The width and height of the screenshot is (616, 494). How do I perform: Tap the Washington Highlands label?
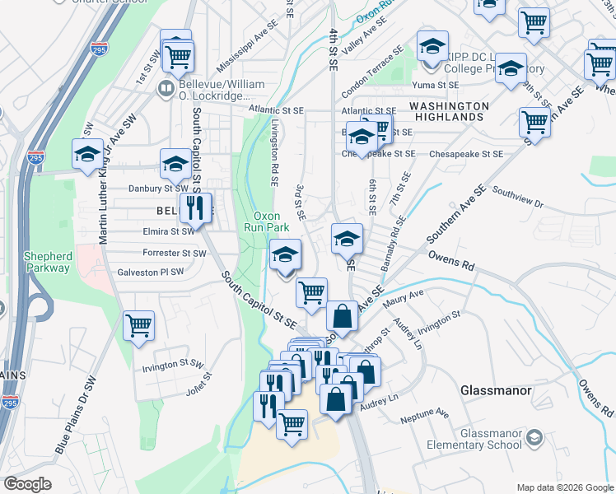coord(449,111)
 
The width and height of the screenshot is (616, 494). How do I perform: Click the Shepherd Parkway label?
coord(48,262)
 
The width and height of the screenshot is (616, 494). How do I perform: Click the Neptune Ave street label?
coord(425,414)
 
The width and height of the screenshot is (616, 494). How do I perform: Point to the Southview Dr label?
coord(518,197)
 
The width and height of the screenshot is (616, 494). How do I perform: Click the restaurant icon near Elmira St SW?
coord(195,207)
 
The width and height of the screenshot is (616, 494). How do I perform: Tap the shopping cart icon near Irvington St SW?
coord(138,325)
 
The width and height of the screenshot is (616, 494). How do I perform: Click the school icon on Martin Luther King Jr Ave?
coord(86,154)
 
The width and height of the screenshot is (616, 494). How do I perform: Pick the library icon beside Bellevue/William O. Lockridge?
coord(166,87)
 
